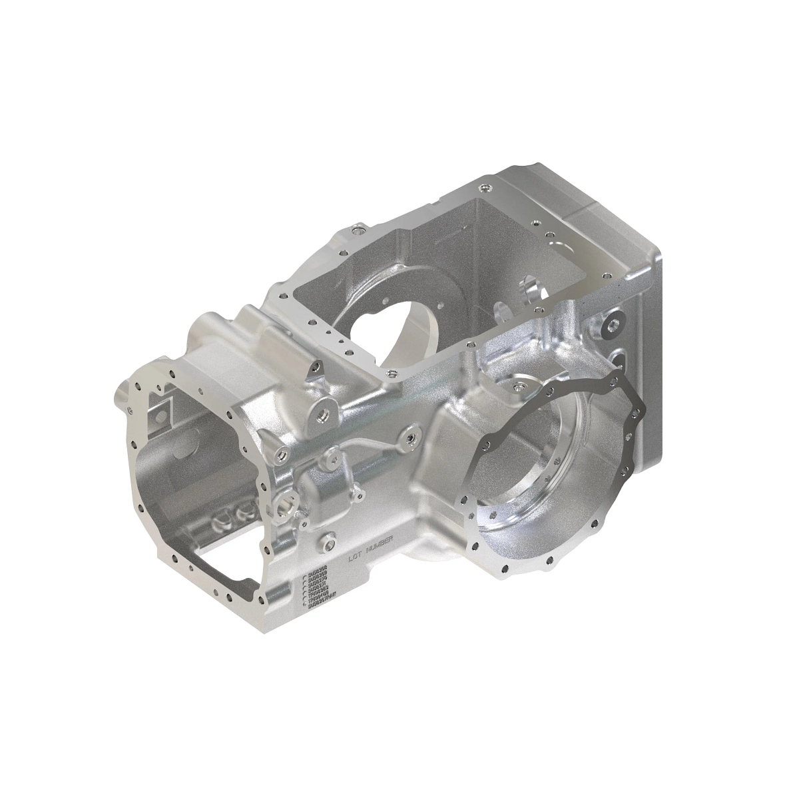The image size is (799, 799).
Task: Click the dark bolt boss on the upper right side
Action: [x=612, y=326]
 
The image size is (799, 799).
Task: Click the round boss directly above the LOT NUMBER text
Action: [x=327, y=541]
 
